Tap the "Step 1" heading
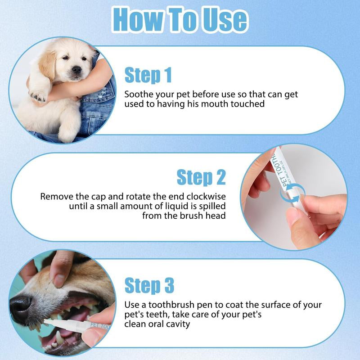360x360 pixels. pyautogui.click(x=148, y=75)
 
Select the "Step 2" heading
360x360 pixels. pyautogui.click(x=201, y=177)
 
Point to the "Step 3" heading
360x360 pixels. pyautogui.click(x=149, y=285)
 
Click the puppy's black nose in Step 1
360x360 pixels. pyautogui.click(x=77, y=69)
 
